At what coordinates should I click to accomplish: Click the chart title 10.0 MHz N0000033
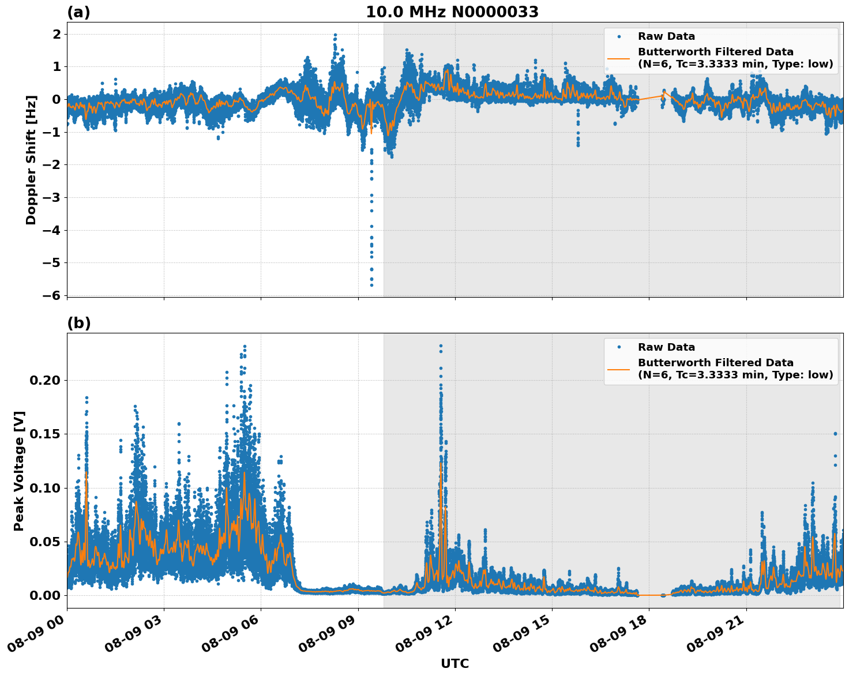452,12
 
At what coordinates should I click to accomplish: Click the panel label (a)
78,12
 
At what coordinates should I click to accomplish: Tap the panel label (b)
78,323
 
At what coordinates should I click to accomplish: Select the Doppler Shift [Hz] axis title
31,160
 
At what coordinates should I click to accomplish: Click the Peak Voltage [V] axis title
19,471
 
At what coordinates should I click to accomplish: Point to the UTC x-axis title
454,663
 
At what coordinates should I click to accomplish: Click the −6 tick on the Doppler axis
54,295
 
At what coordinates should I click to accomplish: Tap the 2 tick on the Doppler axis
57,34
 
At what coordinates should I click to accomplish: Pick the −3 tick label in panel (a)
54,197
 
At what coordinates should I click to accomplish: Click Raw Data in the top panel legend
666,36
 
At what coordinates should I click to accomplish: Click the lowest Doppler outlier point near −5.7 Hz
371,285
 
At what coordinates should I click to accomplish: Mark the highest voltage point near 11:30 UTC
441,346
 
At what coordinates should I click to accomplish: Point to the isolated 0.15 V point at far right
835,433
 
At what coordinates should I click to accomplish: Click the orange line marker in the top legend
618,58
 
